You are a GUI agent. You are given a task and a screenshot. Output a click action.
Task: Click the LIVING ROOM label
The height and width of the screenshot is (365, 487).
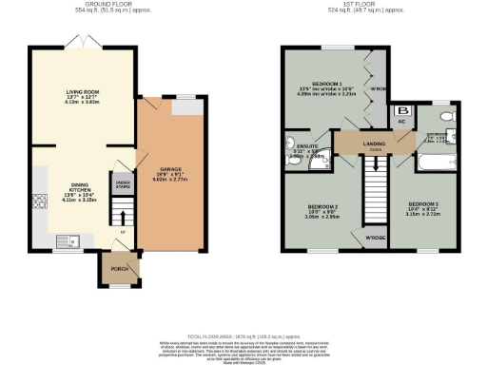coord(83,92)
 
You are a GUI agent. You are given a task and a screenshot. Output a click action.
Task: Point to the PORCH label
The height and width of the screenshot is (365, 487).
coord(119,269)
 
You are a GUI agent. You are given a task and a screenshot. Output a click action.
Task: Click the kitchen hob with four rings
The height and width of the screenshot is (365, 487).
coord(40,202)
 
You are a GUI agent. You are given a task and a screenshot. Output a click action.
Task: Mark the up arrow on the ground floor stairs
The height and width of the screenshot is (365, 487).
coord(122,231)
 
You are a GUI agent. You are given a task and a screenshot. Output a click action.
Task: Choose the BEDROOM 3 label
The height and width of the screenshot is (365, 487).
coord(423,204)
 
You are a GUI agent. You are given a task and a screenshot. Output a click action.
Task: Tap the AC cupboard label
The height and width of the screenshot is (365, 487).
coord(401,124)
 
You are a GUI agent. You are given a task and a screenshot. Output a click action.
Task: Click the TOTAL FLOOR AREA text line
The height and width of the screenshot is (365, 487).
coord(243,337)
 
